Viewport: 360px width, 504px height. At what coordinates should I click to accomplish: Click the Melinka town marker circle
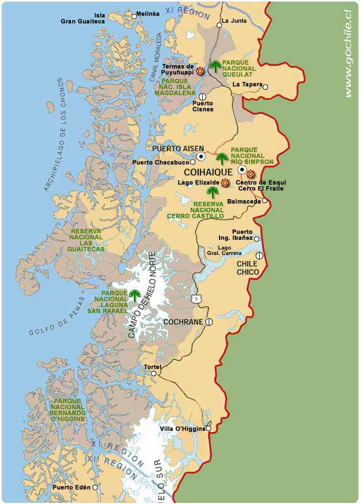[x=134, y=16]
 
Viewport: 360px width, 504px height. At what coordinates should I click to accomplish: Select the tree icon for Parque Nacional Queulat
[x=216, y=67]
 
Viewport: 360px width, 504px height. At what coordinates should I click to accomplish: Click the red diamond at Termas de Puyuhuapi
[x=200, y=71]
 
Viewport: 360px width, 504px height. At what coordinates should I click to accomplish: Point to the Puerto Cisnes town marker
[x=202, y=97]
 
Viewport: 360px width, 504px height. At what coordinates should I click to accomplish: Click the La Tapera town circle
[x=265, y=86]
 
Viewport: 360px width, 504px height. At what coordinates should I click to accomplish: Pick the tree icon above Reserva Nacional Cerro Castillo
[x=213, y=192]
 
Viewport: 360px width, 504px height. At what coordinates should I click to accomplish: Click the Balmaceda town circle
[x=265, y=201]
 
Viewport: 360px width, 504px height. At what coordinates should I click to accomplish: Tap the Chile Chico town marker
[x=259, y=256]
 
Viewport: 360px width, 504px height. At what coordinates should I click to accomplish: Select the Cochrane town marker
[x=209, y=322]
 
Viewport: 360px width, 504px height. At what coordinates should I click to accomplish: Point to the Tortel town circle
[x=154, y=373]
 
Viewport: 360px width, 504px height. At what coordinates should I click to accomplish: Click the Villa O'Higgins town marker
[x=208, y=429]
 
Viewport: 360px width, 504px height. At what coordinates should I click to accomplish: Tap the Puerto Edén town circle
[x=95, y=487]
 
